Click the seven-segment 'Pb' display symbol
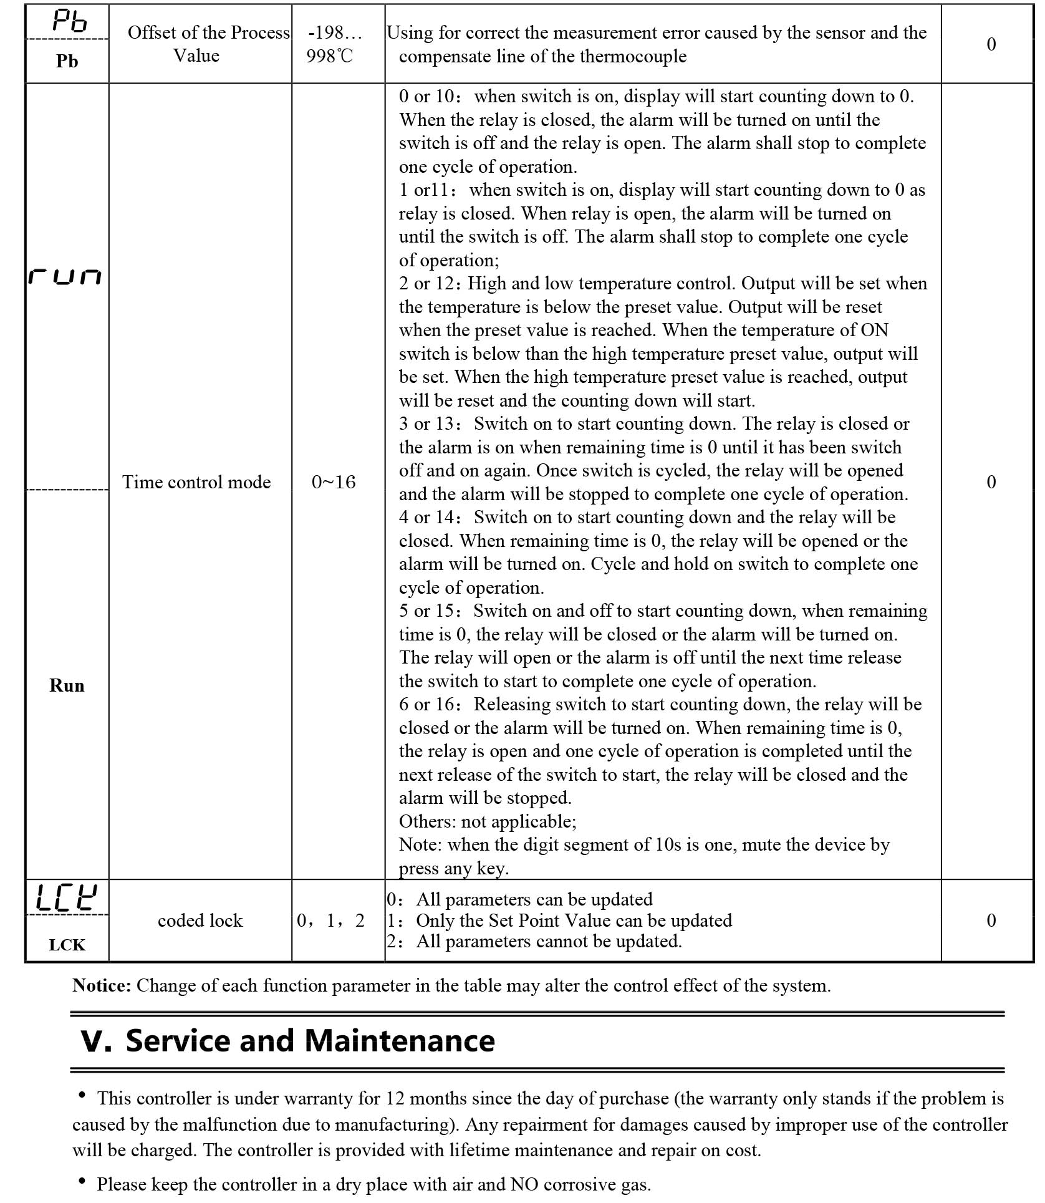coord(67,21)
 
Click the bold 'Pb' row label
coord(67,60)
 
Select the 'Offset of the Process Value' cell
coord(200,44)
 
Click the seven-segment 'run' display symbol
coord(65,277)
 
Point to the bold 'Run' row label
coord(67,685)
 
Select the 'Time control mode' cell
coord(196,481)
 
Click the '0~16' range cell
coord(334,481)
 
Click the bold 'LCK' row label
coord(67,944)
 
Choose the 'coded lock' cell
coord(200,920)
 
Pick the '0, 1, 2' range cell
coord(330,920)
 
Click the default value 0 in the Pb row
coord(991,44)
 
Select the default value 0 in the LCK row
coord(991,920)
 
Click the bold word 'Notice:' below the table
coord(102,985)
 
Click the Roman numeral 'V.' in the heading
coord(96,1041)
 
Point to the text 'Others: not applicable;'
coord(488,821)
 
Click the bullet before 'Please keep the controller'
coord(82,1180)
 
